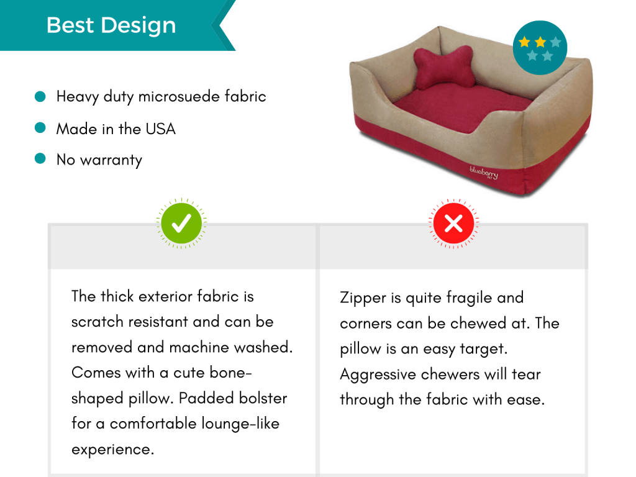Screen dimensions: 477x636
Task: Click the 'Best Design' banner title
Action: pyautogui.click(x=111, y=25)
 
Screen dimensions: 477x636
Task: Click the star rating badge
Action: pyautogui.click(x=540, y=48)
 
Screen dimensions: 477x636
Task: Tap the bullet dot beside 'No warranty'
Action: pyautogui.click(x=41, y=159)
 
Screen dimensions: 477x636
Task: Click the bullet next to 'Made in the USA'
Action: pyautogui.click(x=41, y=128)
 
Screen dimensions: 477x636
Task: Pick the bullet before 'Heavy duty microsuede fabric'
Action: pyautogui.click(x=41, y=96)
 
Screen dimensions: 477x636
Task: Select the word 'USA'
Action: pyautogui.click(x=161, y=129)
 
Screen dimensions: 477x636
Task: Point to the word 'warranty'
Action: pyautogui.click(x=111, y=160)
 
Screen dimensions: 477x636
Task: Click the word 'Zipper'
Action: pyautogui.click(x=363, y=298)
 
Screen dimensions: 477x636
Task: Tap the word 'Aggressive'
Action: pyautogui.click(x=378, y=375)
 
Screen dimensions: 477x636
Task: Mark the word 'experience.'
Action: pyautogui.click(x=112, y=449)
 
